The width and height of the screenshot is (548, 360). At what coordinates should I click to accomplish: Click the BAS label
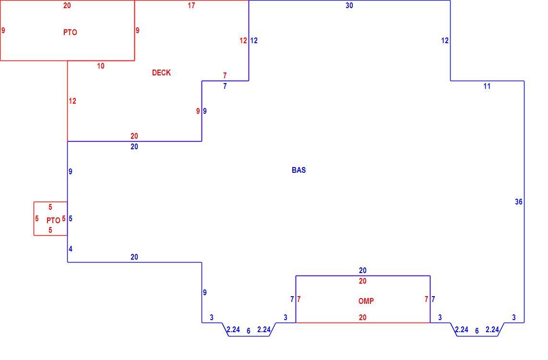(299, 170)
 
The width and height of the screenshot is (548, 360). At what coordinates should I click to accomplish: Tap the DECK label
(161, 72)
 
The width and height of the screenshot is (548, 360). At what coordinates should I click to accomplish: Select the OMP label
(366, 301)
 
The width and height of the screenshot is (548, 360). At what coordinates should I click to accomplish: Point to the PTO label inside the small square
(53, 220)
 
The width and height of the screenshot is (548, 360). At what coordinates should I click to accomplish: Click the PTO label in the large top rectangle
(70, 32)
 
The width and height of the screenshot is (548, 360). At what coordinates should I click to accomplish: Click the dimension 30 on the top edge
(349, 6)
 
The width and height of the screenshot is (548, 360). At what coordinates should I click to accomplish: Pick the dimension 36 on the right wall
(519, 202)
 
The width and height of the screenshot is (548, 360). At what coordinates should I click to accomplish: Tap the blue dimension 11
(487, 86)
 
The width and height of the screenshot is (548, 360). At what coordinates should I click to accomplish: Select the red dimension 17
(191, 6)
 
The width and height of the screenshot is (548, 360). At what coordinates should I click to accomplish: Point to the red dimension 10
(101, 66)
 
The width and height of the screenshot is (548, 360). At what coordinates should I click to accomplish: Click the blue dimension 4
(71, 249)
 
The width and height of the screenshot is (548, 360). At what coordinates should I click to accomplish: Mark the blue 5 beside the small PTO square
(71, 219)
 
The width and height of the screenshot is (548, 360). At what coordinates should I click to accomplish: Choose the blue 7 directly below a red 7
(225, 86)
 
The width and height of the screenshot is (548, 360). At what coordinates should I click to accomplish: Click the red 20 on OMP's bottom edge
(362, 317)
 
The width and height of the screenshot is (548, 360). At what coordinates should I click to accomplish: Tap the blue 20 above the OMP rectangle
(362, 271)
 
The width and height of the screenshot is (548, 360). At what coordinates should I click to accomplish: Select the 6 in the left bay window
(249, 331)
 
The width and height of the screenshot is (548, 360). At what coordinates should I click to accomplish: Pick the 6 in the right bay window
(477, 331)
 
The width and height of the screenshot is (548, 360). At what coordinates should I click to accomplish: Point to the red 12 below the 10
(72, 101)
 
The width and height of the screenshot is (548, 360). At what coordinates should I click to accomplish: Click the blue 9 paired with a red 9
(205, 111)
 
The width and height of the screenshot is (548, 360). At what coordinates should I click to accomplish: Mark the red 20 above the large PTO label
(67, 6)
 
